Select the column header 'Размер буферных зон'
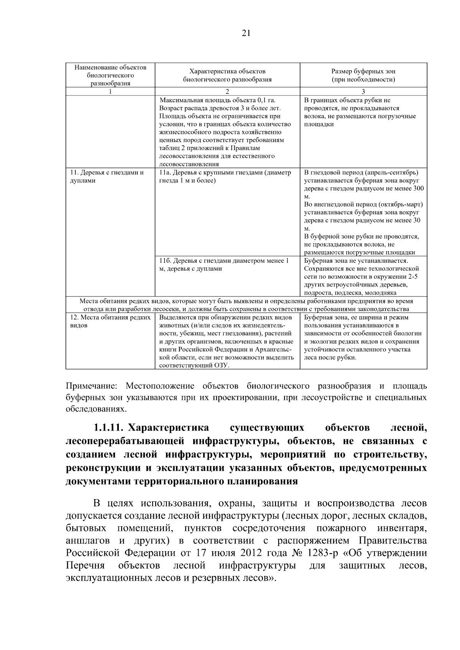(x=363, y=72)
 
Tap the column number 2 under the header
(x=227, y=92)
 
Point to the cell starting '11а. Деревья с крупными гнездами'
(x=225, y=177)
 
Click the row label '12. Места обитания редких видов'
(x=108, y=321)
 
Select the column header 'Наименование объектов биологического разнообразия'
(x=110, y=75)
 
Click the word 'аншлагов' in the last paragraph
(x=88, y=541)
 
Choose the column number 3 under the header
(x=363, y=92)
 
